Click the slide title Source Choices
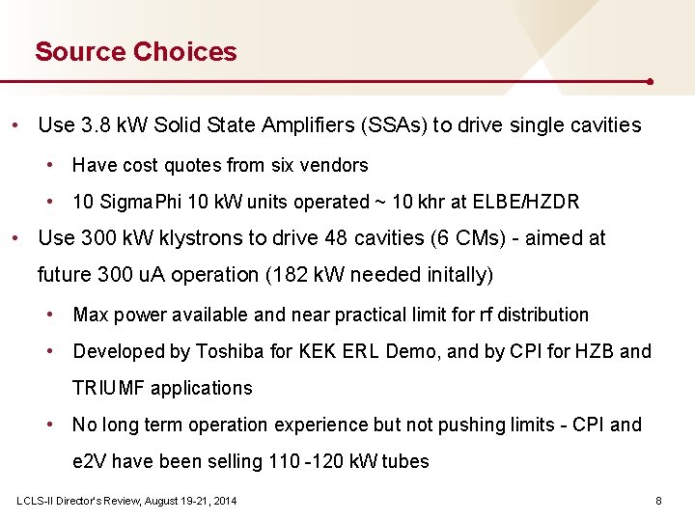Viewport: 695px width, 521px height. (135, 51)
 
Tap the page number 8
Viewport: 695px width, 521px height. (658, 501)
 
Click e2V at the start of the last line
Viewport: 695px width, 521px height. (89, 461)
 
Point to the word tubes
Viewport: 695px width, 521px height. (407, 461)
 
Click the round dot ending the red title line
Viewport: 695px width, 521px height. (651, 82)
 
